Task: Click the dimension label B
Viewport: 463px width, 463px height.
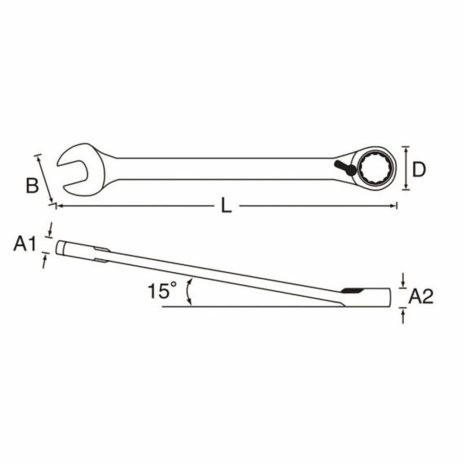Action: tap(32, 186)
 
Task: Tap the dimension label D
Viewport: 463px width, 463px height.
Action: tap(419, 169)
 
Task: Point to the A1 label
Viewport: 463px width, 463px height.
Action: tap(25, 244)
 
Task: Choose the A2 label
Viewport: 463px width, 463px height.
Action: tap(421, 296)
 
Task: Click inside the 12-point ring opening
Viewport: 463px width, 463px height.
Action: tap(375, 168)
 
